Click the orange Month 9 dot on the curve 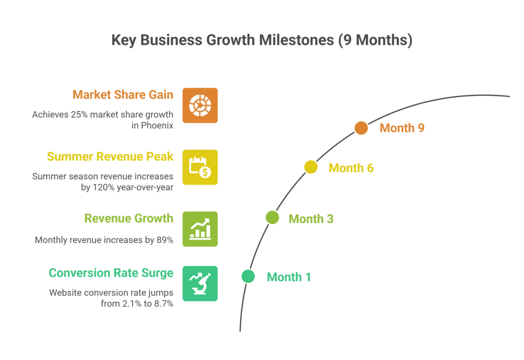coord(361,128)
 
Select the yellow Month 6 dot coord(311,167)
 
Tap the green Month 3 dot coord(272,218)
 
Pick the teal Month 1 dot coord(248,277)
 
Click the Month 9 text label coord(402,128)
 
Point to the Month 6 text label coord(351,168)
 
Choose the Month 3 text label coord(311,219)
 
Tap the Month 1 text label coord(289,277)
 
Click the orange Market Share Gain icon coord(200,105)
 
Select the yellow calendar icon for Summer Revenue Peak coord(200,167)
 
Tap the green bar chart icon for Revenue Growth coord(200,229)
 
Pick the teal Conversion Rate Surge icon coord(200,283)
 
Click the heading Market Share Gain coord(123,95)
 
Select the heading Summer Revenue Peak coord(110,156)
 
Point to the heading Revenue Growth coord(129,218)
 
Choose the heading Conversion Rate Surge coord(111,273)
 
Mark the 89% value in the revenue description coord(164,239)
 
